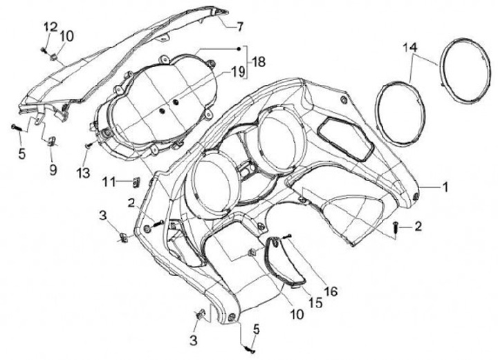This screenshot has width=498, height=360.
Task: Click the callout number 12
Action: click(51, 27)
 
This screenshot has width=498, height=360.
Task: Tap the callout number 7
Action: click(240, 28)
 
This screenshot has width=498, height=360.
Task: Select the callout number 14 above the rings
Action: click(410, 47)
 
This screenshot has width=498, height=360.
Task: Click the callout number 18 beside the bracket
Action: click(257, 61)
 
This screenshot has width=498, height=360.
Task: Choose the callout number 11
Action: click(108, 182)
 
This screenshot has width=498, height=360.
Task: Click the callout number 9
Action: click(53, 167)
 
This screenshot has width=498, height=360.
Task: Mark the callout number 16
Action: click(331, 292)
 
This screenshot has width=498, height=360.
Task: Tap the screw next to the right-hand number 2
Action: click(396, 227)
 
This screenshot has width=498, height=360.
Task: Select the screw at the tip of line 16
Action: click(286, 236)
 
